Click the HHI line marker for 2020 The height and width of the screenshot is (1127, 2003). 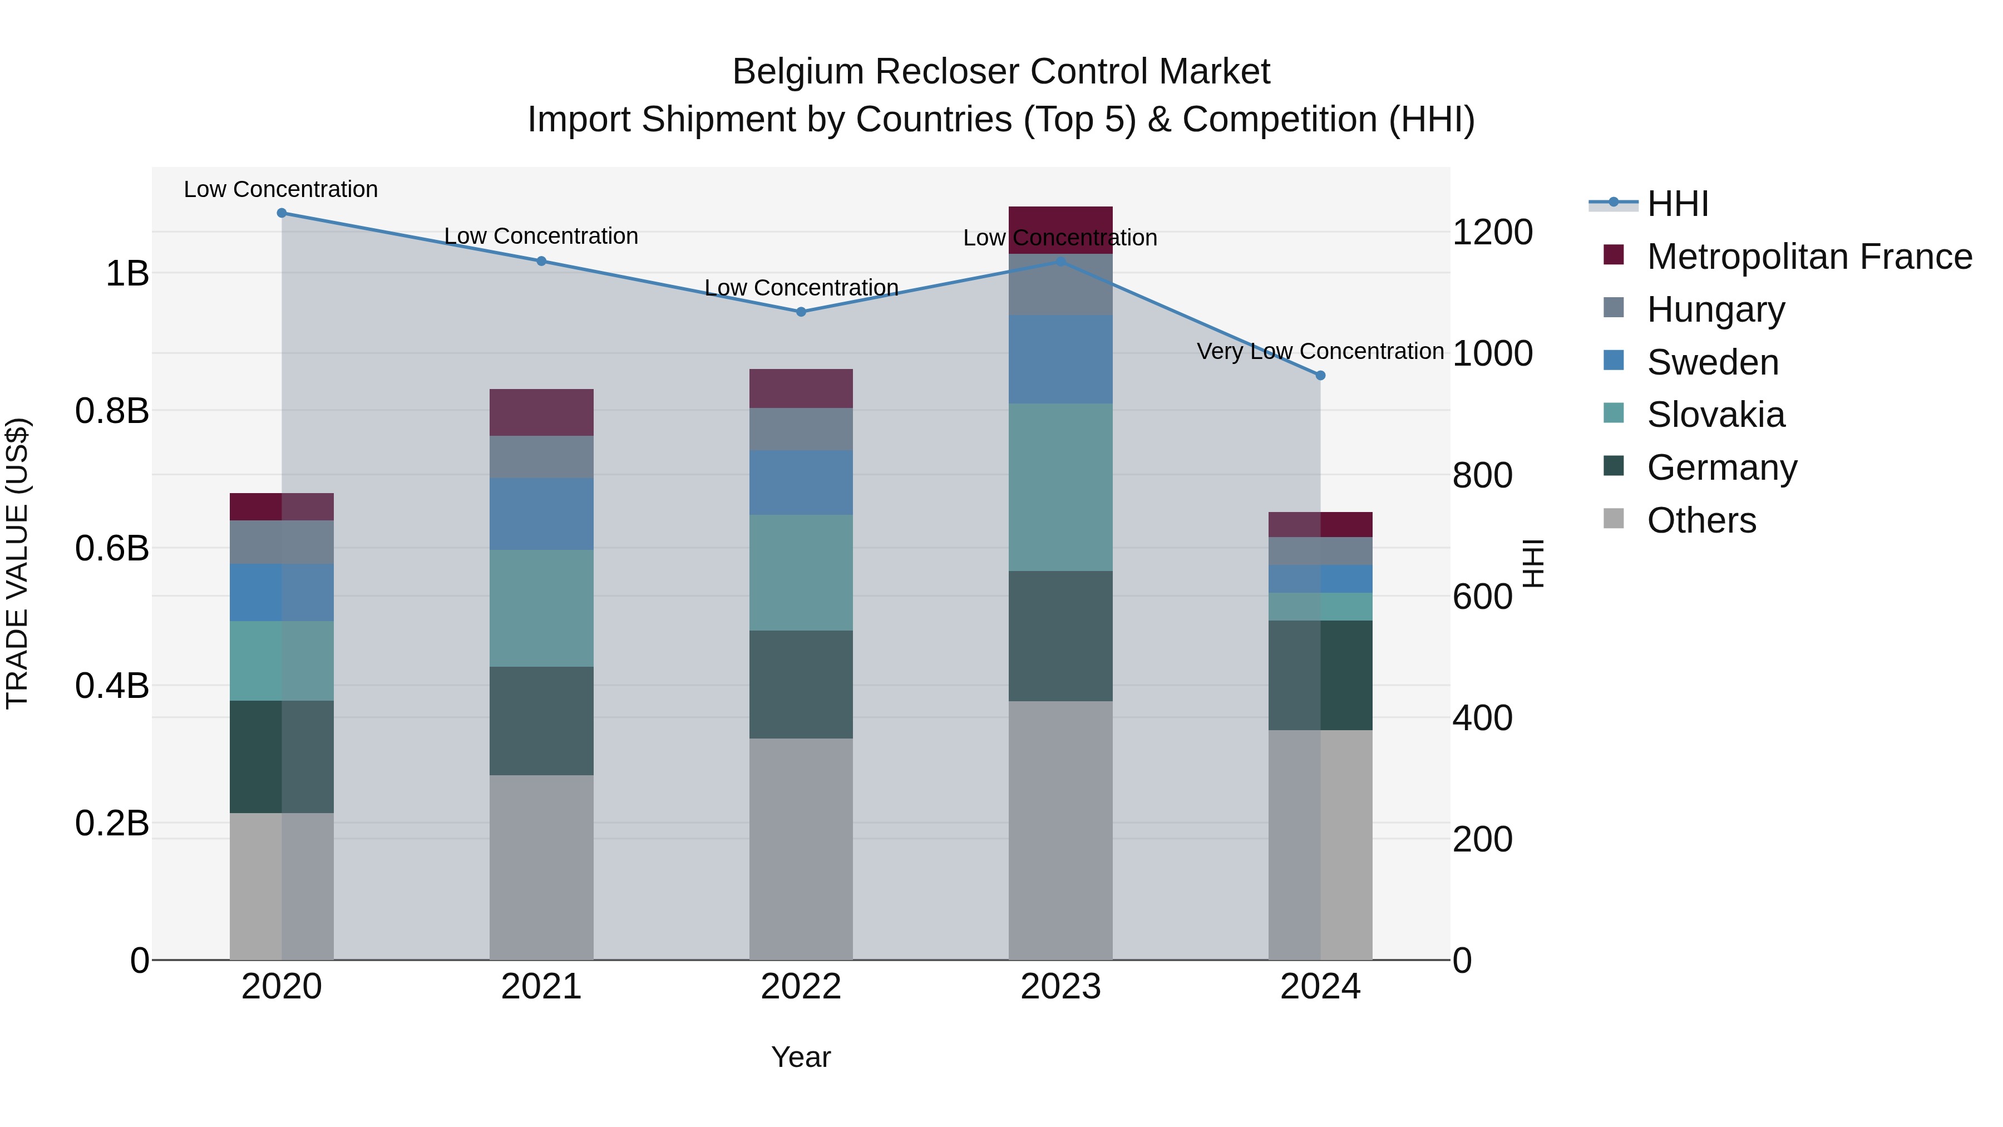pos(282,213)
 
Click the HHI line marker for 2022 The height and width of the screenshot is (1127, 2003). pos(801,312)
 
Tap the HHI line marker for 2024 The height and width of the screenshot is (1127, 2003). pos(1320,376)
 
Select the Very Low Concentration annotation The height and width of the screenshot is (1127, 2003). pos(1320,352)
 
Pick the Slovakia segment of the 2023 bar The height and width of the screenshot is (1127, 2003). pos(1060,487)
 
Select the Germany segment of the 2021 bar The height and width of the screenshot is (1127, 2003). pos(541,720)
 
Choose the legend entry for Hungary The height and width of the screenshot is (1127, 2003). pos(1715,309)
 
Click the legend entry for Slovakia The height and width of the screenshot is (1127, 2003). pos(1715,415)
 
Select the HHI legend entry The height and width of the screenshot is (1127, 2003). pos(1677,204)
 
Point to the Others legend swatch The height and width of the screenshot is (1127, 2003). pos(1614,519)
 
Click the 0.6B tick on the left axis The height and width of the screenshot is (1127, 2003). pos(112,548)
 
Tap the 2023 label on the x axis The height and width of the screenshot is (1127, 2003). pos(1060,987)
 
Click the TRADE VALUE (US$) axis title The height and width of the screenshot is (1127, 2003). pos(17,563)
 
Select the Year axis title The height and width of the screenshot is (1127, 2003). pos(801,1057)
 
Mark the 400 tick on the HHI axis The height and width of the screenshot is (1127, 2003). pos(1482,717)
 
